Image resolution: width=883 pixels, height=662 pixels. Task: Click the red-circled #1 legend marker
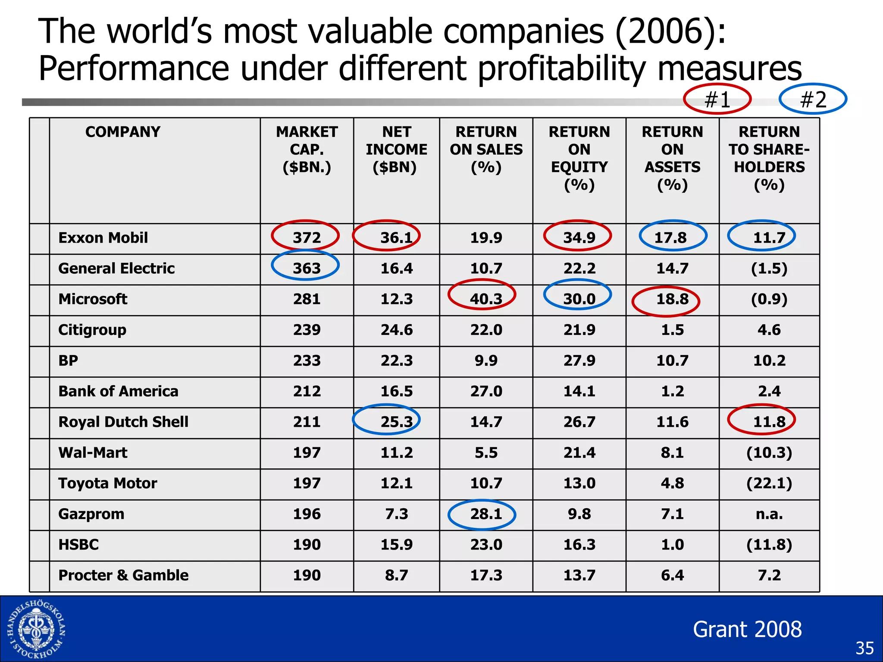pos(717,100)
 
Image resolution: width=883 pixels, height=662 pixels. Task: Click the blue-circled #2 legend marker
pos(813,100)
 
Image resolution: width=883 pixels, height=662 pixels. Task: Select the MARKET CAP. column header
pos(307,149)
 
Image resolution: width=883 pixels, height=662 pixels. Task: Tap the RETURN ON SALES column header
pos(486,149)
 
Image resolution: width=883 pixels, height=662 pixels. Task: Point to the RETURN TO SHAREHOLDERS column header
pos(769,158)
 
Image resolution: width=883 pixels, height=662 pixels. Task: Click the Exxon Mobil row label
pos(103,238)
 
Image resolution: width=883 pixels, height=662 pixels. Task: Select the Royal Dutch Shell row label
pos(123,422)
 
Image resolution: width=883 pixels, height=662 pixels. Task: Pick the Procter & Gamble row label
pos(123,575)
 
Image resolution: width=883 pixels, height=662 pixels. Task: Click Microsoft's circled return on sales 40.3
pos(486,299)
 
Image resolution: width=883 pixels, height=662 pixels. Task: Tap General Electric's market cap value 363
pos(307,268)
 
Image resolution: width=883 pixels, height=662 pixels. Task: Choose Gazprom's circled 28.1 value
pos(486,514)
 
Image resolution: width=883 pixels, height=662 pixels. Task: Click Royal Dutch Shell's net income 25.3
pos(396,422)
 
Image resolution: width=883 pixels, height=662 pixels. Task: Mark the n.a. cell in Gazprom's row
pos(769,514)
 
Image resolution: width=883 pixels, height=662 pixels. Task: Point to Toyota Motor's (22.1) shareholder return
pos(769,483)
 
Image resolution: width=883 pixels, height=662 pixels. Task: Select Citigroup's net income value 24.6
pos(396,330)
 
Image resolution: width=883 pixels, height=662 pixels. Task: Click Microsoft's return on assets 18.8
pos(672,299)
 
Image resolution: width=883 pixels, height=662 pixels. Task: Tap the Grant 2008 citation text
pos(747,629)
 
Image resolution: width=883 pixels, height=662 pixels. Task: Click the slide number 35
pos(864,648)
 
